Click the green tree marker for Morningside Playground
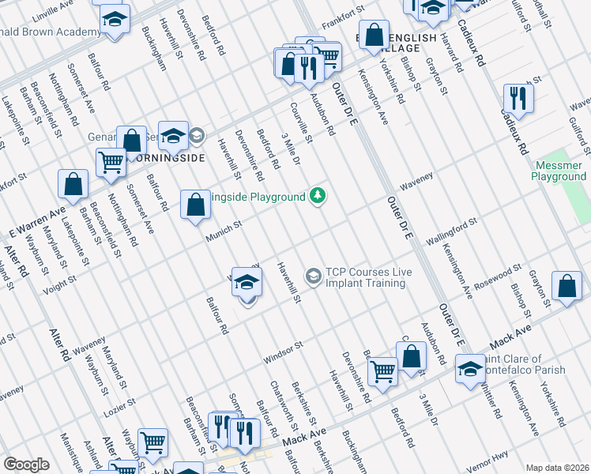(x=318, y=195)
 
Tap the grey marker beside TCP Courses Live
(x=314, y=275)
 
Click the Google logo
(x=26, y=465)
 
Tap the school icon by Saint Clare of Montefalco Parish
(x=470, y=368)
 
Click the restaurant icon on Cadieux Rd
(x=518, y=98)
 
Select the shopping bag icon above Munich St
(x=195, y=205)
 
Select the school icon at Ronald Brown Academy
(x=115, y=20)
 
